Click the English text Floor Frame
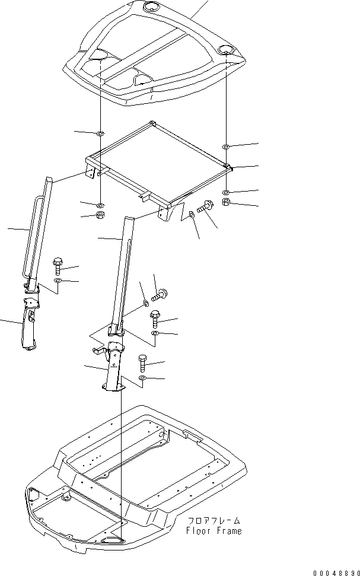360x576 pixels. (214, 531)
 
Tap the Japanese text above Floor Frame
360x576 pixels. (214, 521)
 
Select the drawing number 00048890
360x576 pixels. (336, 572)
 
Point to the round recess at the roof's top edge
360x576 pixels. (150, 7)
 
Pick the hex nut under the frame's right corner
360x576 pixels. (227, 202)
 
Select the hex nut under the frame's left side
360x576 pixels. (100, 215)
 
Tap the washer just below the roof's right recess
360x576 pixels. (226, 147)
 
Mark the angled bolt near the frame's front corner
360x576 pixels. (204, 206)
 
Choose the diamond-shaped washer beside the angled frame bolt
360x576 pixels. (192, 214)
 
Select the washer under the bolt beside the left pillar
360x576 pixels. (58, 281)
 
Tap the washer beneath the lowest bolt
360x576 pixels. (143, 378)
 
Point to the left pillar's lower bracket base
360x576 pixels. (30, 323)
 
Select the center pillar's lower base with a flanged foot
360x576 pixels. (113, 367)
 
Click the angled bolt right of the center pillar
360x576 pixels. (159, 295)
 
